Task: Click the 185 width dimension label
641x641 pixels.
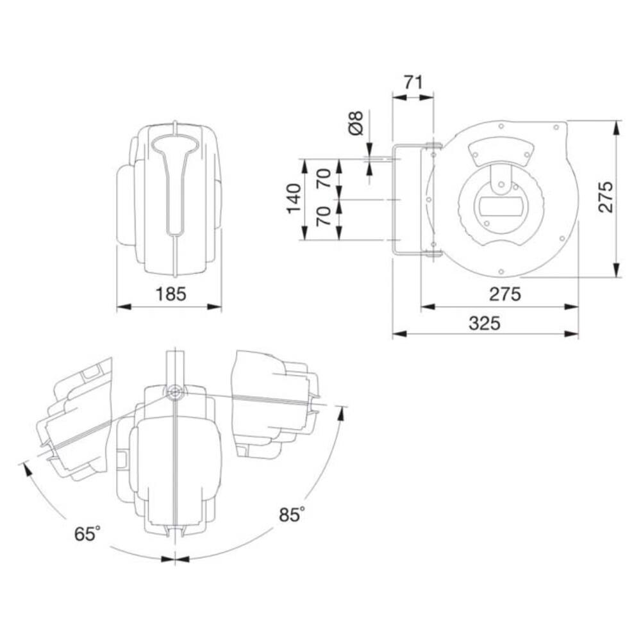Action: coord(171,294)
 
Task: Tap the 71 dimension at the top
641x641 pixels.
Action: coord(413,83)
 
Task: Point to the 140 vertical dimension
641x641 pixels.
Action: coord(294,199)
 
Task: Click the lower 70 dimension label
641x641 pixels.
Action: coord(324,216)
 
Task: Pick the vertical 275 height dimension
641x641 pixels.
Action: coord(606,197)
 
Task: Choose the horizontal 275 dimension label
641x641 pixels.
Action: coord(505,294)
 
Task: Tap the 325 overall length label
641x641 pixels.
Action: coord(485,323)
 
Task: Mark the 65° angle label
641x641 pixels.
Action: coord(87,534)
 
